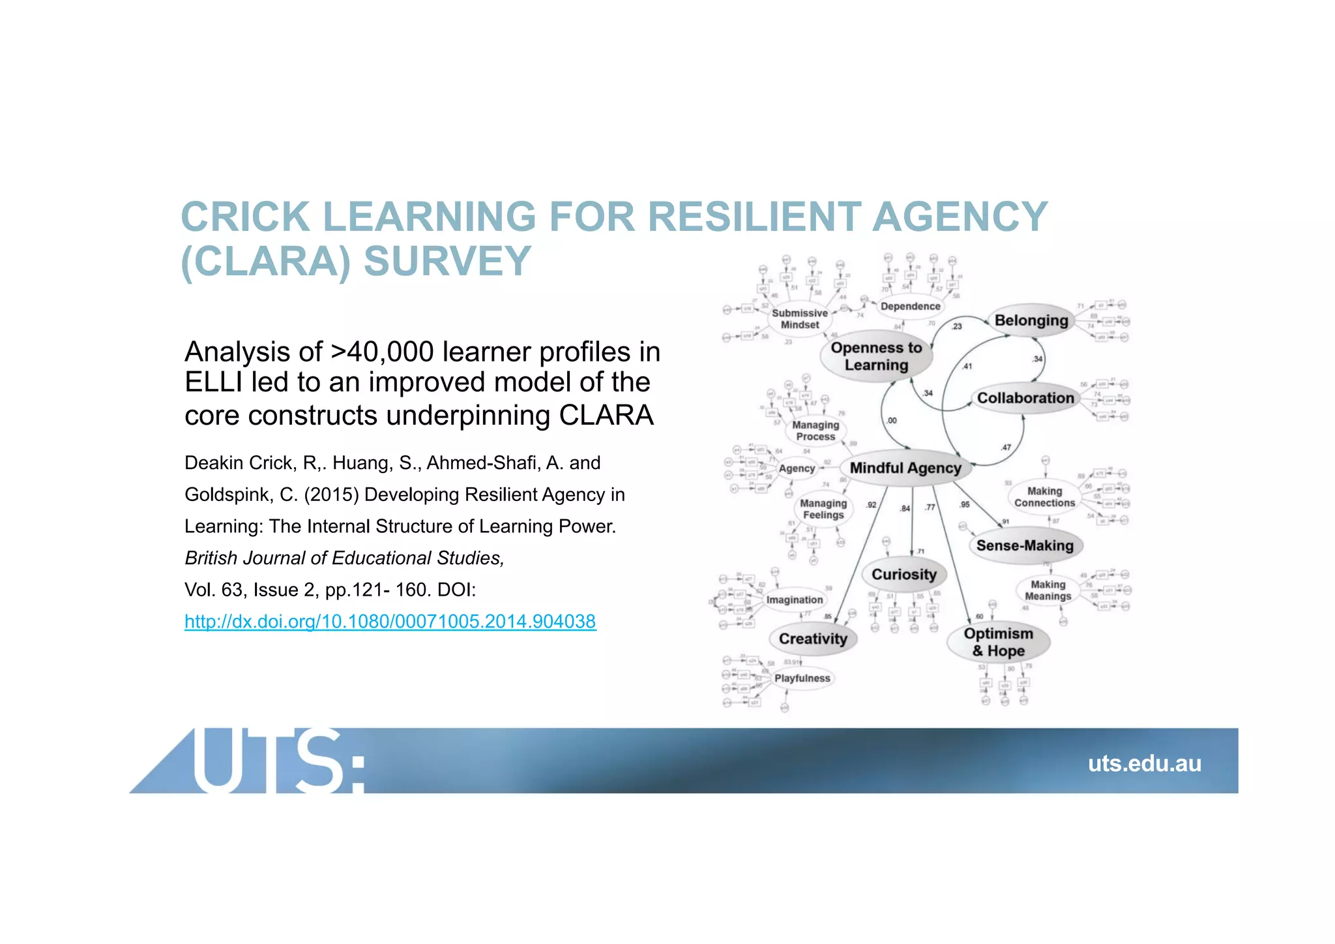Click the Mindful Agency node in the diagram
[905, 468]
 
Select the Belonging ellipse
[1031, 320]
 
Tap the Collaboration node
[1025, 398]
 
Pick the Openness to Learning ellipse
[876, 357]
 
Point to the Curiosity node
[904, 575]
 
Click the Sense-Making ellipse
[1025, 545]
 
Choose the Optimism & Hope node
[998, 642]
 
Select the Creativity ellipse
[813, 639]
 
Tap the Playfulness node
[802, 678]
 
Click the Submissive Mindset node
[800, 319]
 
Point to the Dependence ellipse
[911, 306]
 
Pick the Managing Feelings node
[823, 509]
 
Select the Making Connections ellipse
[1044, 497]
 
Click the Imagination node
[795, 600]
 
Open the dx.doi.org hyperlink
[390, 621]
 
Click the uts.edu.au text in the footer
[1144, 763]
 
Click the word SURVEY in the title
[447, 261]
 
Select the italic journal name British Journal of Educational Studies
[344, 558]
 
